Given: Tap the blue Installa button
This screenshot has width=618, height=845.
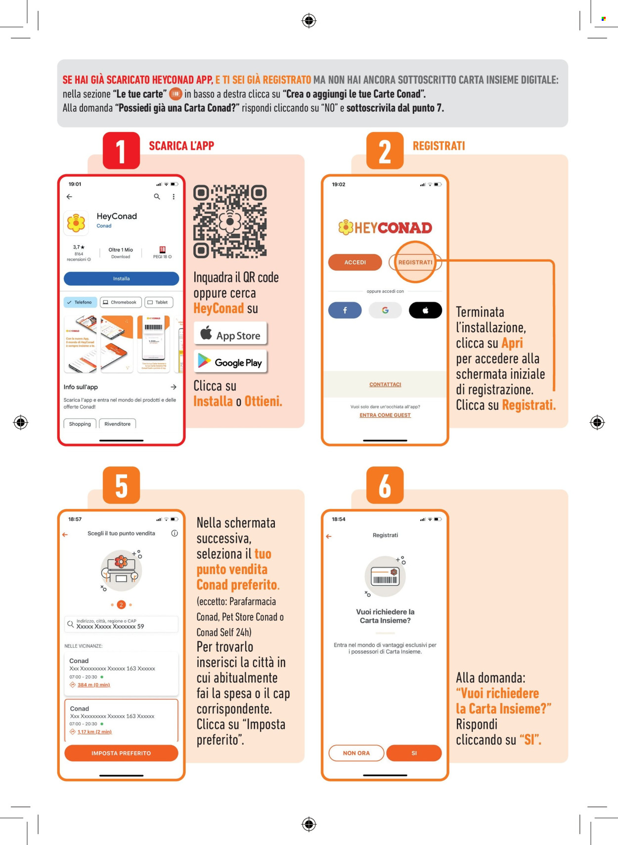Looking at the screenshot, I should coord(121,278).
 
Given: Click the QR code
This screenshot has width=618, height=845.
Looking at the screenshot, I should coord(230,222).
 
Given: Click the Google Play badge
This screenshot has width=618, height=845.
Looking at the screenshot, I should coord(230,362).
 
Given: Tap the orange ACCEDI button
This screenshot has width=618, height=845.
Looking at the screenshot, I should coord(355,262).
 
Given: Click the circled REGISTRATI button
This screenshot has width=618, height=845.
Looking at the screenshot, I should coord(415,262).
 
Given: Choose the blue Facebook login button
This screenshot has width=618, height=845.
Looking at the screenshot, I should coord(345,310).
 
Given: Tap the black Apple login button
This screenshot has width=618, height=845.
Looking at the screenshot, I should coord(425,310).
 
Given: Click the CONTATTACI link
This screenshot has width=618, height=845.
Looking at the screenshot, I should coord(385,384).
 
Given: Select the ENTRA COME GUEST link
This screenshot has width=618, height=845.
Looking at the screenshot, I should coord(385,415).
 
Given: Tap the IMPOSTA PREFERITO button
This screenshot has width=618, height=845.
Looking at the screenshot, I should coord(121,753).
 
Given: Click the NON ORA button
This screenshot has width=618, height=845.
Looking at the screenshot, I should coord(356,753).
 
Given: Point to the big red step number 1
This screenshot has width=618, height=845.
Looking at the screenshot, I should coord(121,151).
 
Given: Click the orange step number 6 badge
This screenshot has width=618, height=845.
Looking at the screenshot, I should coord(385,485).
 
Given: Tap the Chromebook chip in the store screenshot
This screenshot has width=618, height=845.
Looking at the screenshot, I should coord(121,302).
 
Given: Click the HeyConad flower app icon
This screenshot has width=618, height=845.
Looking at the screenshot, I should coord(76,223).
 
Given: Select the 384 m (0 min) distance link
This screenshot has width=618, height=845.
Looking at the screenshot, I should coord(93,685).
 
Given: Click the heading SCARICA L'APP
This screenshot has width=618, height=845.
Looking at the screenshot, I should coord(181,146).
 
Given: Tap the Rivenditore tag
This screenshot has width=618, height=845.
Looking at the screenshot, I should coord(117,424).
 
